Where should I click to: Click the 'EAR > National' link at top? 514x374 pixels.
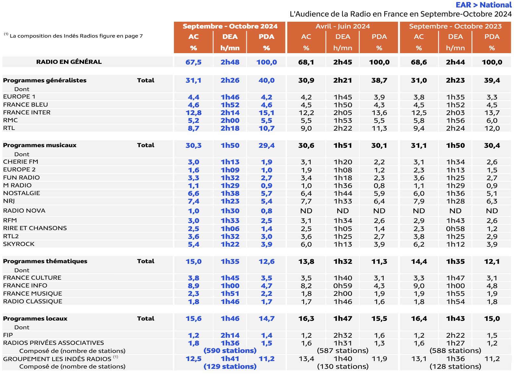(x=483, y=5)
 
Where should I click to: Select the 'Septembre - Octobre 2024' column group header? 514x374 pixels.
(x=230, y=26)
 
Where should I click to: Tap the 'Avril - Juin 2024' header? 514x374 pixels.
(x=343, y=26)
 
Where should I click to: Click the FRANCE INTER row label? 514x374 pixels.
(x=27, y=112)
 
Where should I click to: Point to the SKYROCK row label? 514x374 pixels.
(x=19, y=244)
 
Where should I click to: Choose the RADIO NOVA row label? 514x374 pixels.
(x=24, y=211)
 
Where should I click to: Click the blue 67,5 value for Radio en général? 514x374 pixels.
(x=193, y=62)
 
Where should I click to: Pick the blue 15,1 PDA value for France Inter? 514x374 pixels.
(x=266, y=113)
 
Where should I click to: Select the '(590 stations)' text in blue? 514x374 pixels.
(x=230, y=351)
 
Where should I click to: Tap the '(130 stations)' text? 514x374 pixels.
(x=343, y=367)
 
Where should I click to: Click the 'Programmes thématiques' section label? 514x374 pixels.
(x=45, y=261)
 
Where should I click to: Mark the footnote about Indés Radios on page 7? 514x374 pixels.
(x=74, y=36)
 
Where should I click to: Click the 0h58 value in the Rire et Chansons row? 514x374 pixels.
(x=455, y=229)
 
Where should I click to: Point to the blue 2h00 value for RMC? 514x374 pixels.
(x=230, y=121)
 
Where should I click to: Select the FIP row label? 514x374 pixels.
(x=8, y=335)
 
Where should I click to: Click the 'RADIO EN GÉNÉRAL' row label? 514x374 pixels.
(x=69, y=62)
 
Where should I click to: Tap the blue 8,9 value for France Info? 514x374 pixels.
(x=193, y=286)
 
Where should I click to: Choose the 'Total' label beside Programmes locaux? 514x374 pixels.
(x=146, y=319)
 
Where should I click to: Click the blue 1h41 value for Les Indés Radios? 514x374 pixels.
(x=230, y=359)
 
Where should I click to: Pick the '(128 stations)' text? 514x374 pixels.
(x=455, y=367)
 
